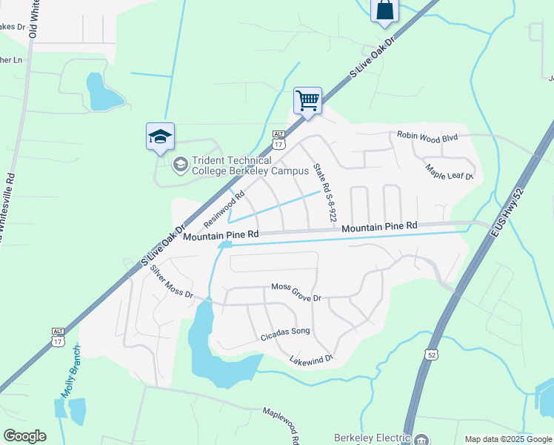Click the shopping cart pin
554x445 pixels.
pyautogui.click(x=307, y=100)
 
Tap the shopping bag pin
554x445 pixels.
pyautogui.click(x=384, y=10)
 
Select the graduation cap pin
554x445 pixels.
pyautogui.click(x=160, y=136)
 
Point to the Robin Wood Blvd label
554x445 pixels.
pyautogui.click(x=428, y=136)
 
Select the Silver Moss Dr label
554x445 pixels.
pyautogui.click(x=171, y=282)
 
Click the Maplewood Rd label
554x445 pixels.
pyautogui.click(x=282, y=423)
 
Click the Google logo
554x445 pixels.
pyautogui.click(x=24, y=436)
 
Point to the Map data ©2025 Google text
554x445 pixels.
pyautogui.click(x=508, y=439)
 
